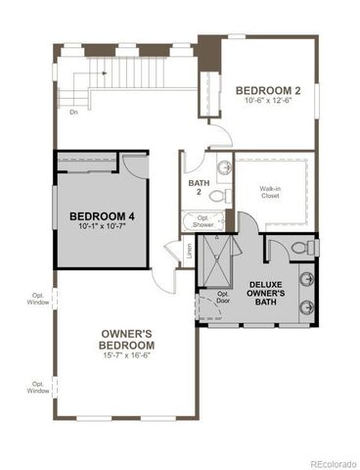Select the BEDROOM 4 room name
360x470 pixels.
[100, 215]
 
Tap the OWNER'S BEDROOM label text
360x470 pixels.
[126, 340]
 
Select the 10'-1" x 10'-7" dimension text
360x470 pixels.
[100, 227]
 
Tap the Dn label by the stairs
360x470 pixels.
[73, 111]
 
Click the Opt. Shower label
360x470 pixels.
[202, 221]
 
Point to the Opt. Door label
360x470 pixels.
[223, 298]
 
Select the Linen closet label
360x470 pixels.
[188, 252]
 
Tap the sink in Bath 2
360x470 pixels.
[221, 165]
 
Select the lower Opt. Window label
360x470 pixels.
[38, 387]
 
